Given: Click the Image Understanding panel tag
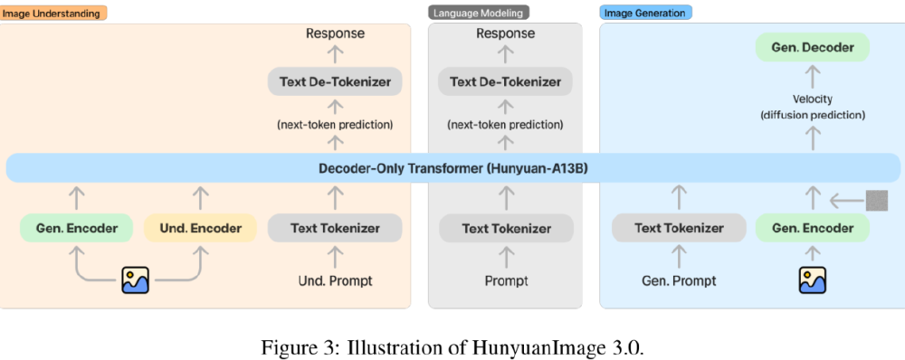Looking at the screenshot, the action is [54, 13].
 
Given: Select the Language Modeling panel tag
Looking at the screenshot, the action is [478, 13].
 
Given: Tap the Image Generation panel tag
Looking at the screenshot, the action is [645, 13].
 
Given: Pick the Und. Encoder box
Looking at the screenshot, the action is [201, 228].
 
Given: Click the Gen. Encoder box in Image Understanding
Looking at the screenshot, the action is [76, 228].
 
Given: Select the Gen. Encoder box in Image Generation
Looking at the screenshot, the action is [813, 228].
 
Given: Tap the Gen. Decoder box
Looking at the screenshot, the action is [813, 47].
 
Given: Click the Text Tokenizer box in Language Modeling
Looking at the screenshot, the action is [506, 228].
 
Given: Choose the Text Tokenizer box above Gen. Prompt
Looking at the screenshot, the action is [679, 228].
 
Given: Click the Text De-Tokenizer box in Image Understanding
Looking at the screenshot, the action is [335, 81].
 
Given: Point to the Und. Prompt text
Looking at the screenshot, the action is [335, 280].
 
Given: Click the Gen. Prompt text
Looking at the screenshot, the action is [679, 280].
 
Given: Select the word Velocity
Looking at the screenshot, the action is [813, 99].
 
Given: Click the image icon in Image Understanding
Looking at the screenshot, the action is [135, 279].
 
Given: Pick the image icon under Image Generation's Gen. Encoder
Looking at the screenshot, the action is [812, 279].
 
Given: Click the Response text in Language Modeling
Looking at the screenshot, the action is [506, 33].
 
